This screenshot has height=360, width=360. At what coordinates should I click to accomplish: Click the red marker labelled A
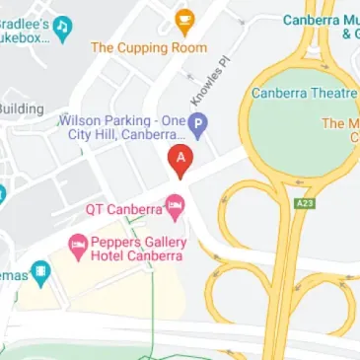click(180, 156)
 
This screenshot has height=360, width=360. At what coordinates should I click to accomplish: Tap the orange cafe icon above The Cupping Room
click(183, 20)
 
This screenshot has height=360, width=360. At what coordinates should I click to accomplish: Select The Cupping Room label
click(150, 47)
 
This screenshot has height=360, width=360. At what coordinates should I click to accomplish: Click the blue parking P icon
click(198, 125)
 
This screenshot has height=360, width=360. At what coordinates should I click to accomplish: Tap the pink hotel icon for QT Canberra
click(175, 207)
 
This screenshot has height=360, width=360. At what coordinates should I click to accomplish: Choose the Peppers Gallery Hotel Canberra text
click(137, 249)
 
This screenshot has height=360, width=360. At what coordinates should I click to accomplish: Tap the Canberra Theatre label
click(304, 94)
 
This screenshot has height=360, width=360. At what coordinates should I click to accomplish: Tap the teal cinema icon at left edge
click(39, 270)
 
